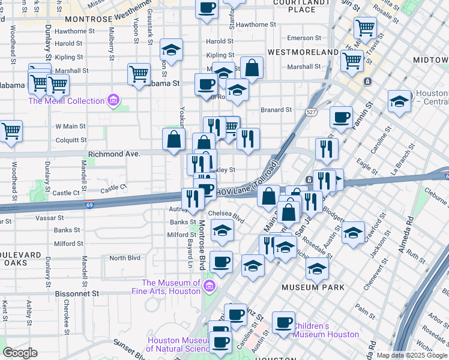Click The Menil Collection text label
coord(66,101)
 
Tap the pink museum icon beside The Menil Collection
coord(113,100)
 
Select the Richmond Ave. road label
coord(114,154)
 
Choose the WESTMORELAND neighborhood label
coord(303,52)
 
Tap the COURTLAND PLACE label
coord(302,5)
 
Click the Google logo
coord(20,353)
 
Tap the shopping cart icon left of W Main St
coord(11,130)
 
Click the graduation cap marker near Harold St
coord(172,50)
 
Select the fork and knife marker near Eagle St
coord(327,148)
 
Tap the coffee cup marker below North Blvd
coord(221,261)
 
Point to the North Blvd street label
coord(124,258)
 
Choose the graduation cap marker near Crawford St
coord(354,231)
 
